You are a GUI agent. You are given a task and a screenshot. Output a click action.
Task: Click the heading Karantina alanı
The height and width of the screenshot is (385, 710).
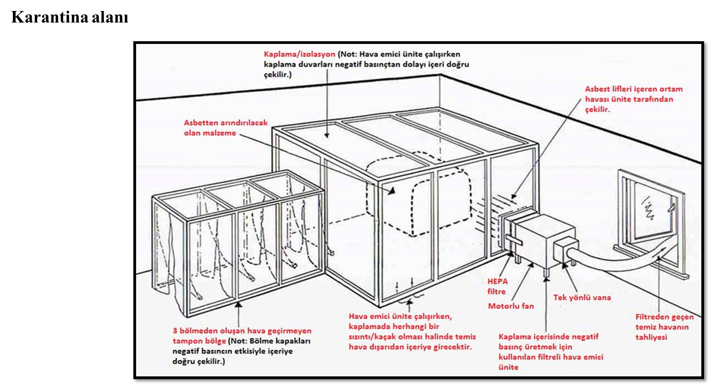coord(70,17)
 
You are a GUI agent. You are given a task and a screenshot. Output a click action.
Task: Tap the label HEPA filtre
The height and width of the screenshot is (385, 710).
coord(497,287)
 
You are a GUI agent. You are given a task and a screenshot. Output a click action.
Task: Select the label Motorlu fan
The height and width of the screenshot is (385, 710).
coord(511,306)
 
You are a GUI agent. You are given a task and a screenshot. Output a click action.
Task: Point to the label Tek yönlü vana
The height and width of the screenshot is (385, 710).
coord(582,298)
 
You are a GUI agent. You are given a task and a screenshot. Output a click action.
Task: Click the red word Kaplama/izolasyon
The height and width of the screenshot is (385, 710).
coord(299,54)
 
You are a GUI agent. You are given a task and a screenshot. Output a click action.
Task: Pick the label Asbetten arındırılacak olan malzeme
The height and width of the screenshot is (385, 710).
coord(226,128)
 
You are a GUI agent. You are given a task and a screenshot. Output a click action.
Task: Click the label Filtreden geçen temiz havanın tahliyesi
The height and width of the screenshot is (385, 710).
coord(664,327)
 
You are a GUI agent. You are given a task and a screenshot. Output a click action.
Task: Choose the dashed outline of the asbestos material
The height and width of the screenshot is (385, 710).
coord(419,195)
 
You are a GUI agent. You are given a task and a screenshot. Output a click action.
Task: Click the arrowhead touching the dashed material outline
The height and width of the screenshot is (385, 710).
coord(392,191)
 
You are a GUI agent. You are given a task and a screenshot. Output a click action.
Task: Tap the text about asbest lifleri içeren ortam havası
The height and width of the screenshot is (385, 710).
coord(633,99)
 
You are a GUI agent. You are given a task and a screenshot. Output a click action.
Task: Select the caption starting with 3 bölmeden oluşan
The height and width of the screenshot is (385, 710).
coord(242,346)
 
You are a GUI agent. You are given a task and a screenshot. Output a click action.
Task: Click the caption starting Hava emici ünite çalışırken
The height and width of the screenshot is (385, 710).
coord(412,331)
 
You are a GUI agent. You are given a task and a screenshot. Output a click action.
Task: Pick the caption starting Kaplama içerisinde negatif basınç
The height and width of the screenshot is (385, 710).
coord(550,352)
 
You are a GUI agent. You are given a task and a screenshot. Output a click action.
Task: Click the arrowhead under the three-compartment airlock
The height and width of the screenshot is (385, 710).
coord(238,304)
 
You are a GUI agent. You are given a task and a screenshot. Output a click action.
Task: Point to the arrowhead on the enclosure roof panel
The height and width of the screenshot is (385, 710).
coord(327,135)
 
